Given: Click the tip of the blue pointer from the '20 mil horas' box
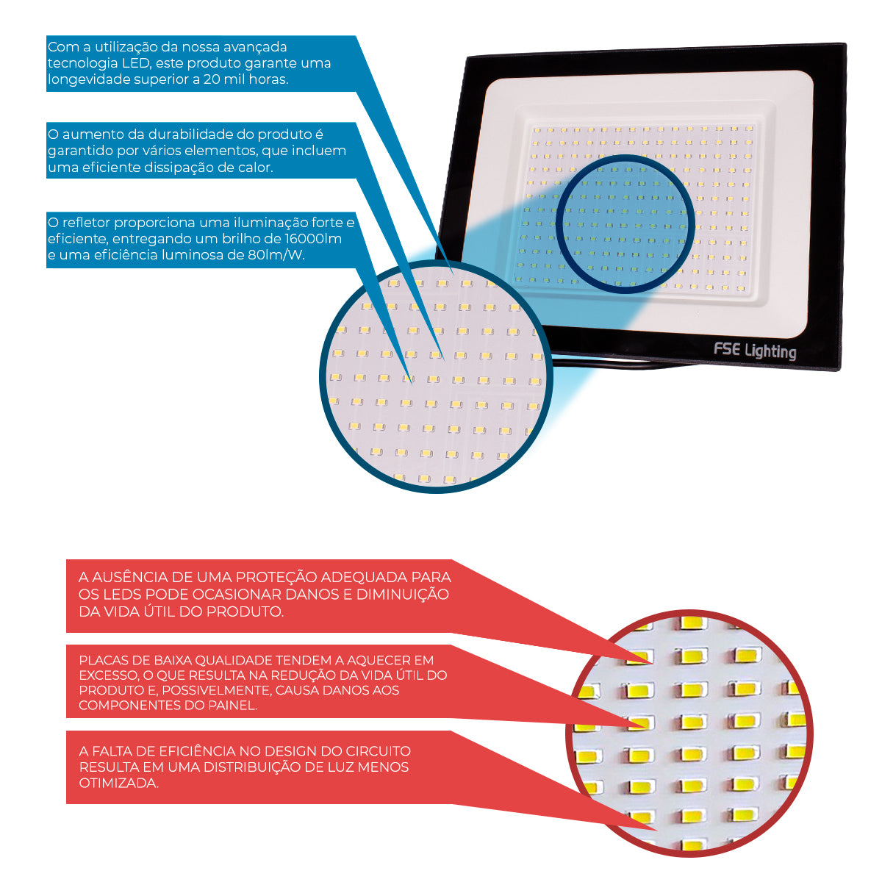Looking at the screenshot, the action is click(453, 273).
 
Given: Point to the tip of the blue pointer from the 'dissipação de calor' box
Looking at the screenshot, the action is click(443, 361).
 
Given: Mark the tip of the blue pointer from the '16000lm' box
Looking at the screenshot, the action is click(412, 384).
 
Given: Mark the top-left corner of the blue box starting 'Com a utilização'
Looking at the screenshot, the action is click(47, 36).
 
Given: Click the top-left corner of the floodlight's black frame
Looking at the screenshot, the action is click(467, 57).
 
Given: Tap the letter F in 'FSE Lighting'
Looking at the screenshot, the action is click(718, 349).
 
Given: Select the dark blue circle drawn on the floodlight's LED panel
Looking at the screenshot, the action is click(625, 224).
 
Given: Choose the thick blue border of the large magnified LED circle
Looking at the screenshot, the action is click(436, 377).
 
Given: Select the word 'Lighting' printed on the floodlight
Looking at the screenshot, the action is click(771, 351).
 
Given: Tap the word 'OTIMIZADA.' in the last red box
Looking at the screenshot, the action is click(118, 783).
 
